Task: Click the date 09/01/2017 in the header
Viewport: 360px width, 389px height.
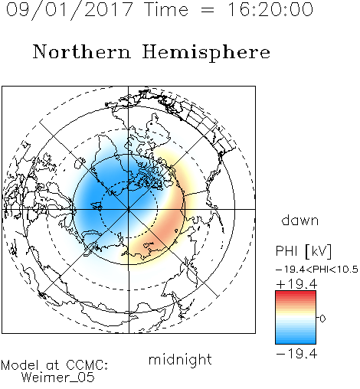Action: (70, 9)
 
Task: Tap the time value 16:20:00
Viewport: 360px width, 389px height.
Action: (270, 9)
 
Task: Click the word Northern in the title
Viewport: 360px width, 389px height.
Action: (82, 51)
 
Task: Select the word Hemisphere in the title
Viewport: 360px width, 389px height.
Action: (206, 53)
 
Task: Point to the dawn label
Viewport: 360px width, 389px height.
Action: (300, 220)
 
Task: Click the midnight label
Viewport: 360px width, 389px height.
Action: (180, 359)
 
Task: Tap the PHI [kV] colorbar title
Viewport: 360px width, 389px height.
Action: (303, 251)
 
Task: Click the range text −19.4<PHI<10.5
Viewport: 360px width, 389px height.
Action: (317, 270)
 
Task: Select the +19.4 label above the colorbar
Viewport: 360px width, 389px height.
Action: (296, 284)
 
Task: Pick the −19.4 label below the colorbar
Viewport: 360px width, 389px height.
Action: (296, 354)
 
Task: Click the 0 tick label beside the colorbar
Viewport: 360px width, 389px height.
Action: (322, 319)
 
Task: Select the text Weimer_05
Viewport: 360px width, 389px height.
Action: (58, 377)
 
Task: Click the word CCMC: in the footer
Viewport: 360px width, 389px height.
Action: (87, 365)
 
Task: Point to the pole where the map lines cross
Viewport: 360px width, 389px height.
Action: (129, 209)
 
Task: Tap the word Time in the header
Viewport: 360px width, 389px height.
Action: (166, 9)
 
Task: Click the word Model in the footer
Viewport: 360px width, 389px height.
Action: (20, 365)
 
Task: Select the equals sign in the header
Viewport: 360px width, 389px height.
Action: (208, 10)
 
